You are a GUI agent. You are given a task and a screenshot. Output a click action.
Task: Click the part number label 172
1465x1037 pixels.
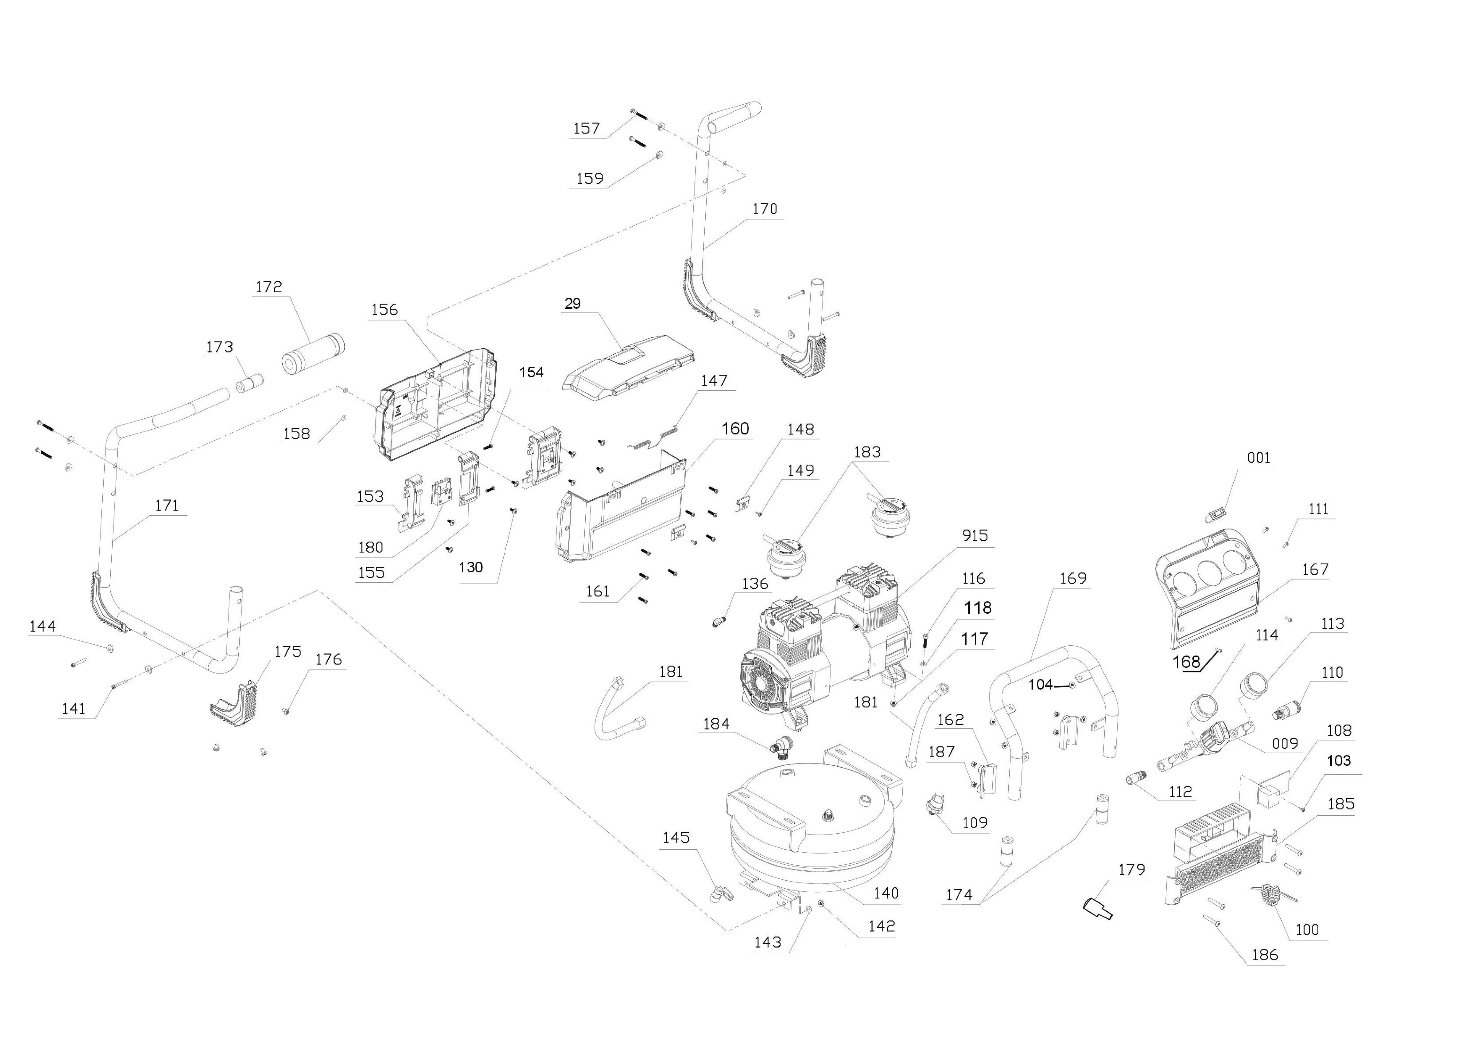point(269,287)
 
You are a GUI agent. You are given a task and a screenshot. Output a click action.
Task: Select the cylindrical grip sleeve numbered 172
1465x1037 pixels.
point(313,353)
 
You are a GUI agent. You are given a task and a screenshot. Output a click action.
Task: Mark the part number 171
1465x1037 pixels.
point(167,506)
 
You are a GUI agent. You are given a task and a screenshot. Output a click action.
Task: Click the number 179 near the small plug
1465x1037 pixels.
point(1131,870)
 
